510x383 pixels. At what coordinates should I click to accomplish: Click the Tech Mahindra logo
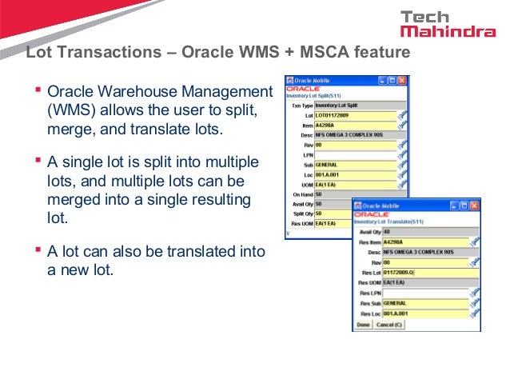point(448,24)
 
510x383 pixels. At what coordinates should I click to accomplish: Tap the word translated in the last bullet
point(203,251)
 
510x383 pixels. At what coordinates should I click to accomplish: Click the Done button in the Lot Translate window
point(364,325)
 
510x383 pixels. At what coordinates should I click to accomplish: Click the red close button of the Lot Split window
point(401,81)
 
